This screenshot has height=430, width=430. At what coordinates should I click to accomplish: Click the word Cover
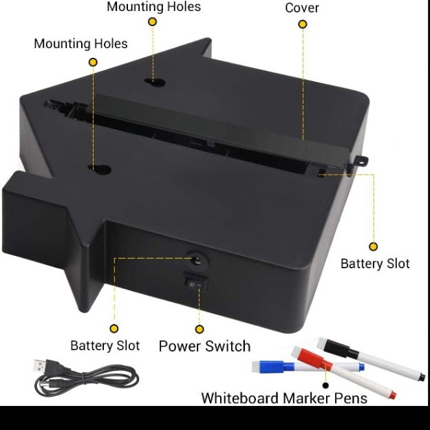[301, 8]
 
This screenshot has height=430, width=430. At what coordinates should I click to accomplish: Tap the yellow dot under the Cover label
[303, 24]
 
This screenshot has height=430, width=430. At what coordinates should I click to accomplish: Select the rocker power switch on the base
[195, 284]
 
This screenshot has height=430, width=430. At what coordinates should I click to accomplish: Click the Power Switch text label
[204, 346]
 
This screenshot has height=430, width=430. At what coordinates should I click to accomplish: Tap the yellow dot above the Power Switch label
[200, 329]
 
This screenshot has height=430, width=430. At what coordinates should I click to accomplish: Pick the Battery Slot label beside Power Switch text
[105, 345]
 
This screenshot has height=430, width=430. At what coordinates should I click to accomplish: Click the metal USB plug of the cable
[40, 365]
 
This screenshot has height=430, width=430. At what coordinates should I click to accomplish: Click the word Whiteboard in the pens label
[240, 398]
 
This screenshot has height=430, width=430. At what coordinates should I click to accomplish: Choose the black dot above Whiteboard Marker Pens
[325, 385]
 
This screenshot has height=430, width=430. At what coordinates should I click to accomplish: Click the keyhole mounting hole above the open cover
[155, 82]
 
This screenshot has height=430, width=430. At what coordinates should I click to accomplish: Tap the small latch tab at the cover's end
[361, 160]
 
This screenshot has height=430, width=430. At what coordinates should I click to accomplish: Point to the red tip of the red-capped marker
[392, 395]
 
